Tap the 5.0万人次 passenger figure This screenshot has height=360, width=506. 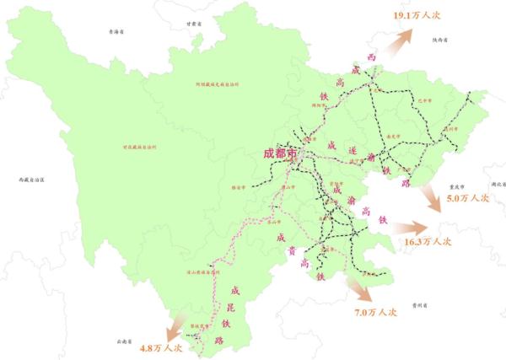[x=469, y=198]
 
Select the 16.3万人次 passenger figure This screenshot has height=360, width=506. [x=428, y=241]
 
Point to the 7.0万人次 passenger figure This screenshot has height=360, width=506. [x=376, y=311]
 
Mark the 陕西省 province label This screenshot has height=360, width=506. [x=439, y=39]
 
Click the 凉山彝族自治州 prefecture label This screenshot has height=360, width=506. [x=202, y=272]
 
